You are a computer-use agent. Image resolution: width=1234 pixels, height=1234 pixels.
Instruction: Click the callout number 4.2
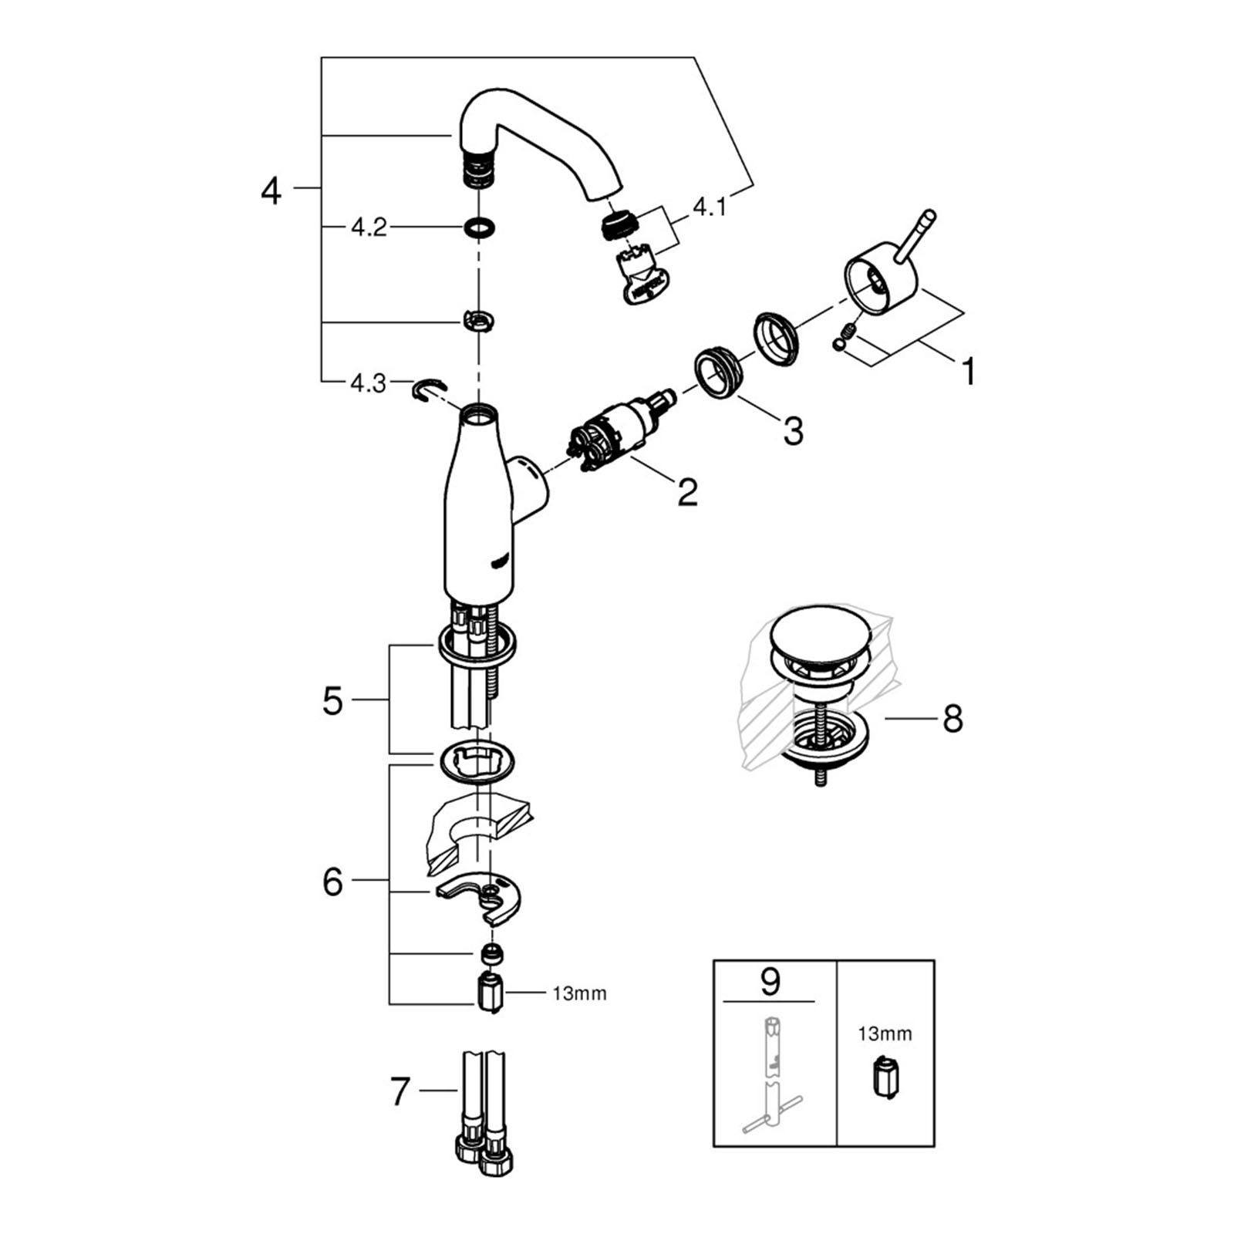tap(369, 228)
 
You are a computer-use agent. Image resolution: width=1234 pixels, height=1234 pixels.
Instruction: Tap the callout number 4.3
tap(368, 383)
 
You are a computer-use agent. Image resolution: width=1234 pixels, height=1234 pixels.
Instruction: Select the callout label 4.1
tap(710, 207)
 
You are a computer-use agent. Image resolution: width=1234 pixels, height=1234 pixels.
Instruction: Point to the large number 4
tap(271, 190)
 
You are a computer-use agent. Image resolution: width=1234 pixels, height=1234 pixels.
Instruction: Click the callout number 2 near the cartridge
tap(687, 492)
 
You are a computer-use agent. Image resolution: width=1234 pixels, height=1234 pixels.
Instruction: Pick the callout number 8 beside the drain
tap(953, 719)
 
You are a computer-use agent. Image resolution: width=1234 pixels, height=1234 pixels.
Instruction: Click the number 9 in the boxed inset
tap(770, 981)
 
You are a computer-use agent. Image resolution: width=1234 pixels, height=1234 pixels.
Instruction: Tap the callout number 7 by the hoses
tap(399, 1091)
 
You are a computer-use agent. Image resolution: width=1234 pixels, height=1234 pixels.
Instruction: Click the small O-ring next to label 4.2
tap(479, 228)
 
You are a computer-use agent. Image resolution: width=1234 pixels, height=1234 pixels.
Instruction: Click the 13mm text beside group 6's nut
tap(579, 994)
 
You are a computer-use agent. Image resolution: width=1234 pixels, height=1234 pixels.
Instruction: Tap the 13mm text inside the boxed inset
tap(885, 1033)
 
